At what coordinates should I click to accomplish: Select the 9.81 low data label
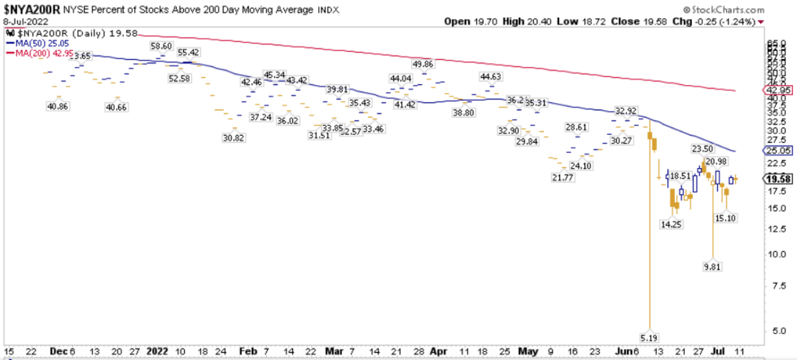(712, 266)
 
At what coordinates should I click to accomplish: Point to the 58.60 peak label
(161, 46)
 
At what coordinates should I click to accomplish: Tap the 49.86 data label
(423, 64)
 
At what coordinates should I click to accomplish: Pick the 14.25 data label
(671, 225)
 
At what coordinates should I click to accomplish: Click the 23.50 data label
(703, 149)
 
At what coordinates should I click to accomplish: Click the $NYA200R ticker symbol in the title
(31, 11)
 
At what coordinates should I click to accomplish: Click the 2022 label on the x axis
(157, 350)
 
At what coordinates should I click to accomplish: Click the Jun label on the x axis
(623, 350)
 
